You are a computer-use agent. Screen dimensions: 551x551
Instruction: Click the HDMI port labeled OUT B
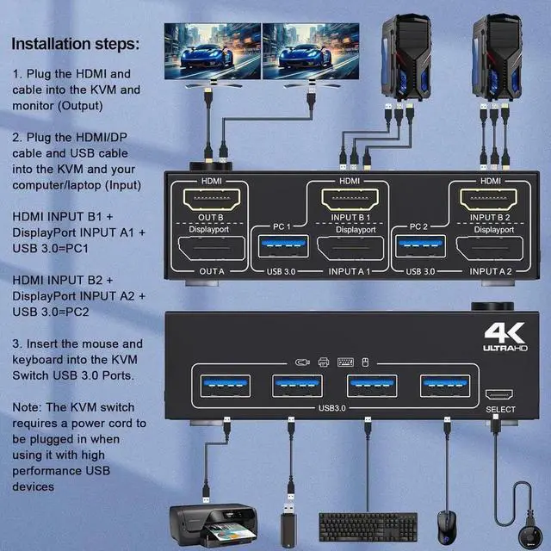pyautogui.click(x=211, y=201)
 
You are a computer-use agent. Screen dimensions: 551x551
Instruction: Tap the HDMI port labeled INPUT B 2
pyautogui.click(x=490, y=201)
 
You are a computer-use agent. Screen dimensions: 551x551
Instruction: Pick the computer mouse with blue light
pyautogui.click(x=447, y=524)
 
